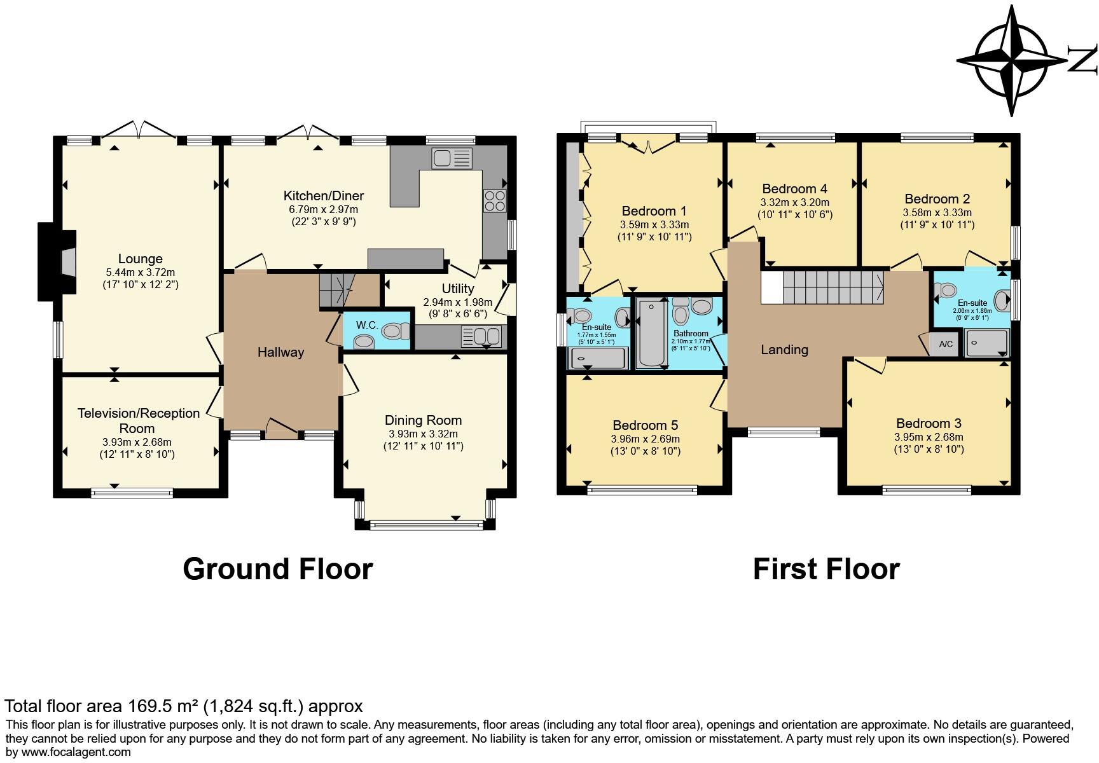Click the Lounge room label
click(x=140, y=259)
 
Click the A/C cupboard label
click(x=946, y=345)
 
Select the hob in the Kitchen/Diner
click(x=495, y=200)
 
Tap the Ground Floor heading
click(x=277, y=568)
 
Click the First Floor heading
click(x=826, y=568)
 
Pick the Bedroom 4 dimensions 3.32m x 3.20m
click(x=794, y=203)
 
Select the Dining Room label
click(x=423, y=420)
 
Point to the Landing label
click(x=784, y=350)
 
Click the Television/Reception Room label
click(x=138, y=420)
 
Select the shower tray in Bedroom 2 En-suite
click(x=986, y=343)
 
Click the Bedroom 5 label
click(x=645, y=425)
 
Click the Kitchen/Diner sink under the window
click(x=451, y=158)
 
